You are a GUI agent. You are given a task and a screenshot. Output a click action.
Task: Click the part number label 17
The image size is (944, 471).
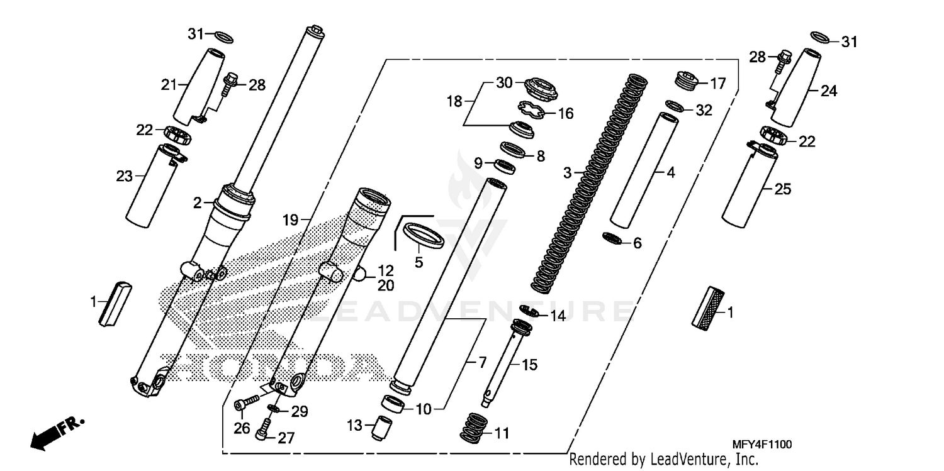pos(717,83)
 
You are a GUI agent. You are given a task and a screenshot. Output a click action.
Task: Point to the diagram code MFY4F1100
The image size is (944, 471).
pos(753,445)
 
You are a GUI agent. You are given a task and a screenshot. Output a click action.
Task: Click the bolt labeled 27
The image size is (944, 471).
pos(262,432)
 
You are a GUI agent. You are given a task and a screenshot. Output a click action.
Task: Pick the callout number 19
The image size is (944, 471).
pos(289,220)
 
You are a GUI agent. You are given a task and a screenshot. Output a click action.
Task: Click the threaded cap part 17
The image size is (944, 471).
pos(690,80)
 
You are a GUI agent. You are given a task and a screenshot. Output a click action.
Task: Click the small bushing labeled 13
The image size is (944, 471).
pos(380,429)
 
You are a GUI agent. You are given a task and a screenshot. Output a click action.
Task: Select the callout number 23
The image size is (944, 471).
pos(124,177)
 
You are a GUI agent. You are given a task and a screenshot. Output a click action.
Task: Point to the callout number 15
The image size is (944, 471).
pos(530,365)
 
